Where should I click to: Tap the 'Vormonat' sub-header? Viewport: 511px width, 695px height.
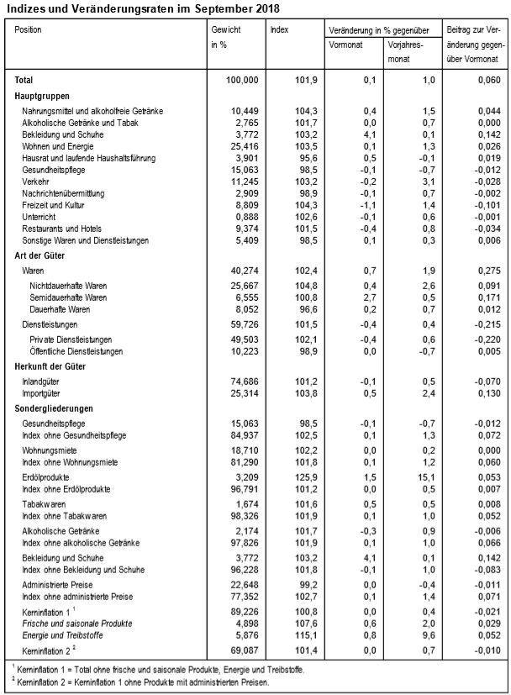pyautogui.click(x=345, y=44)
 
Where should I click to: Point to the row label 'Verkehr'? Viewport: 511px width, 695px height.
pyautogui.click(x=36, y=181)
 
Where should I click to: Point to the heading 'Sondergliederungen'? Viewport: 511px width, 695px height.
pyautogui.click(x=54, y=408)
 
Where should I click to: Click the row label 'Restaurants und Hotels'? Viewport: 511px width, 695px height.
pyautogui.click(x=63, y=228)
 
